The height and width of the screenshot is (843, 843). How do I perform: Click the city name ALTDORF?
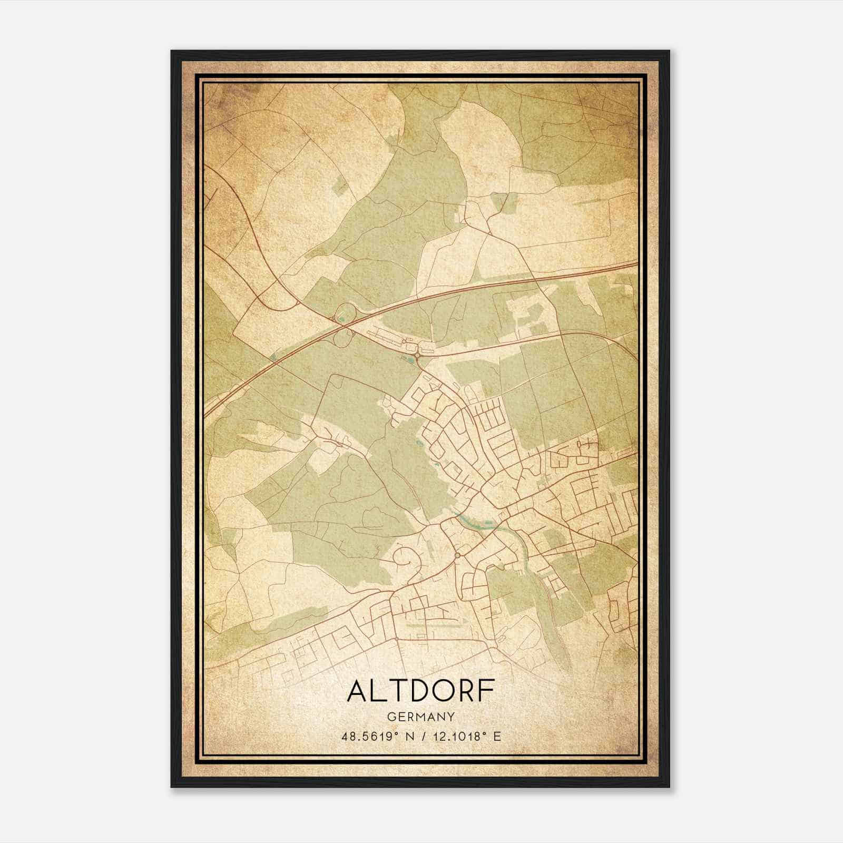(420, 691)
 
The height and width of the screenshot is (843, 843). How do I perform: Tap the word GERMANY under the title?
(420, 717)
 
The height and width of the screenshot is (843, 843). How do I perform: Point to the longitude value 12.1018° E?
(467, 736)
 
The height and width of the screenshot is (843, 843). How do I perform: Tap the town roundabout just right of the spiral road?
(457, 555)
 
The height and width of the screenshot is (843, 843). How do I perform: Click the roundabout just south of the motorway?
(417, 356)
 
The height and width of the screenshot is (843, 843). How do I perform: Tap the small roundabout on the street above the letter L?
(396, 639)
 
